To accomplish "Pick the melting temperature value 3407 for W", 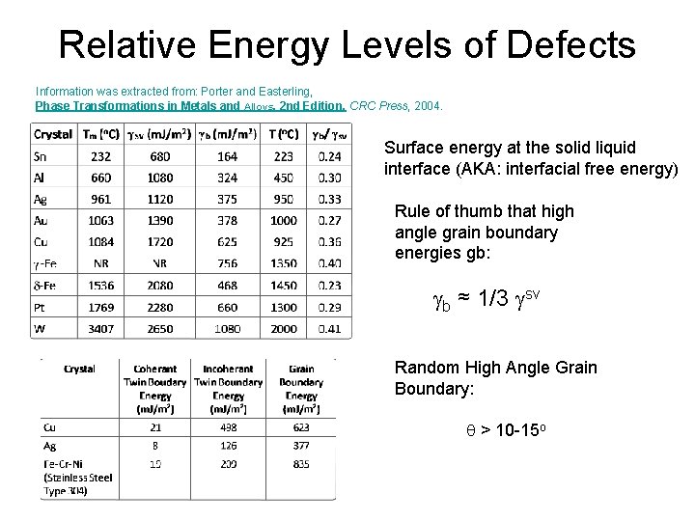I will (100, 329).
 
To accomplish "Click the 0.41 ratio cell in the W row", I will (329, 329).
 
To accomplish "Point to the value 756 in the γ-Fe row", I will (227, 263).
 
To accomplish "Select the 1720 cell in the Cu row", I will (160, 242).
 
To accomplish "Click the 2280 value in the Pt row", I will (160, 308).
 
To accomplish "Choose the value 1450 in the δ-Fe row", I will (283, 286).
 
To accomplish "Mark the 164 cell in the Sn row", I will (227, 156).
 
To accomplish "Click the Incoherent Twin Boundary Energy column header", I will (228, 389).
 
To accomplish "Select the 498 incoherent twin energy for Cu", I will (228, 427).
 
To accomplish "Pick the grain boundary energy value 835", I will (301, 463).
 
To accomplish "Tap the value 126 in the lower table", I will (228, 446).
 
